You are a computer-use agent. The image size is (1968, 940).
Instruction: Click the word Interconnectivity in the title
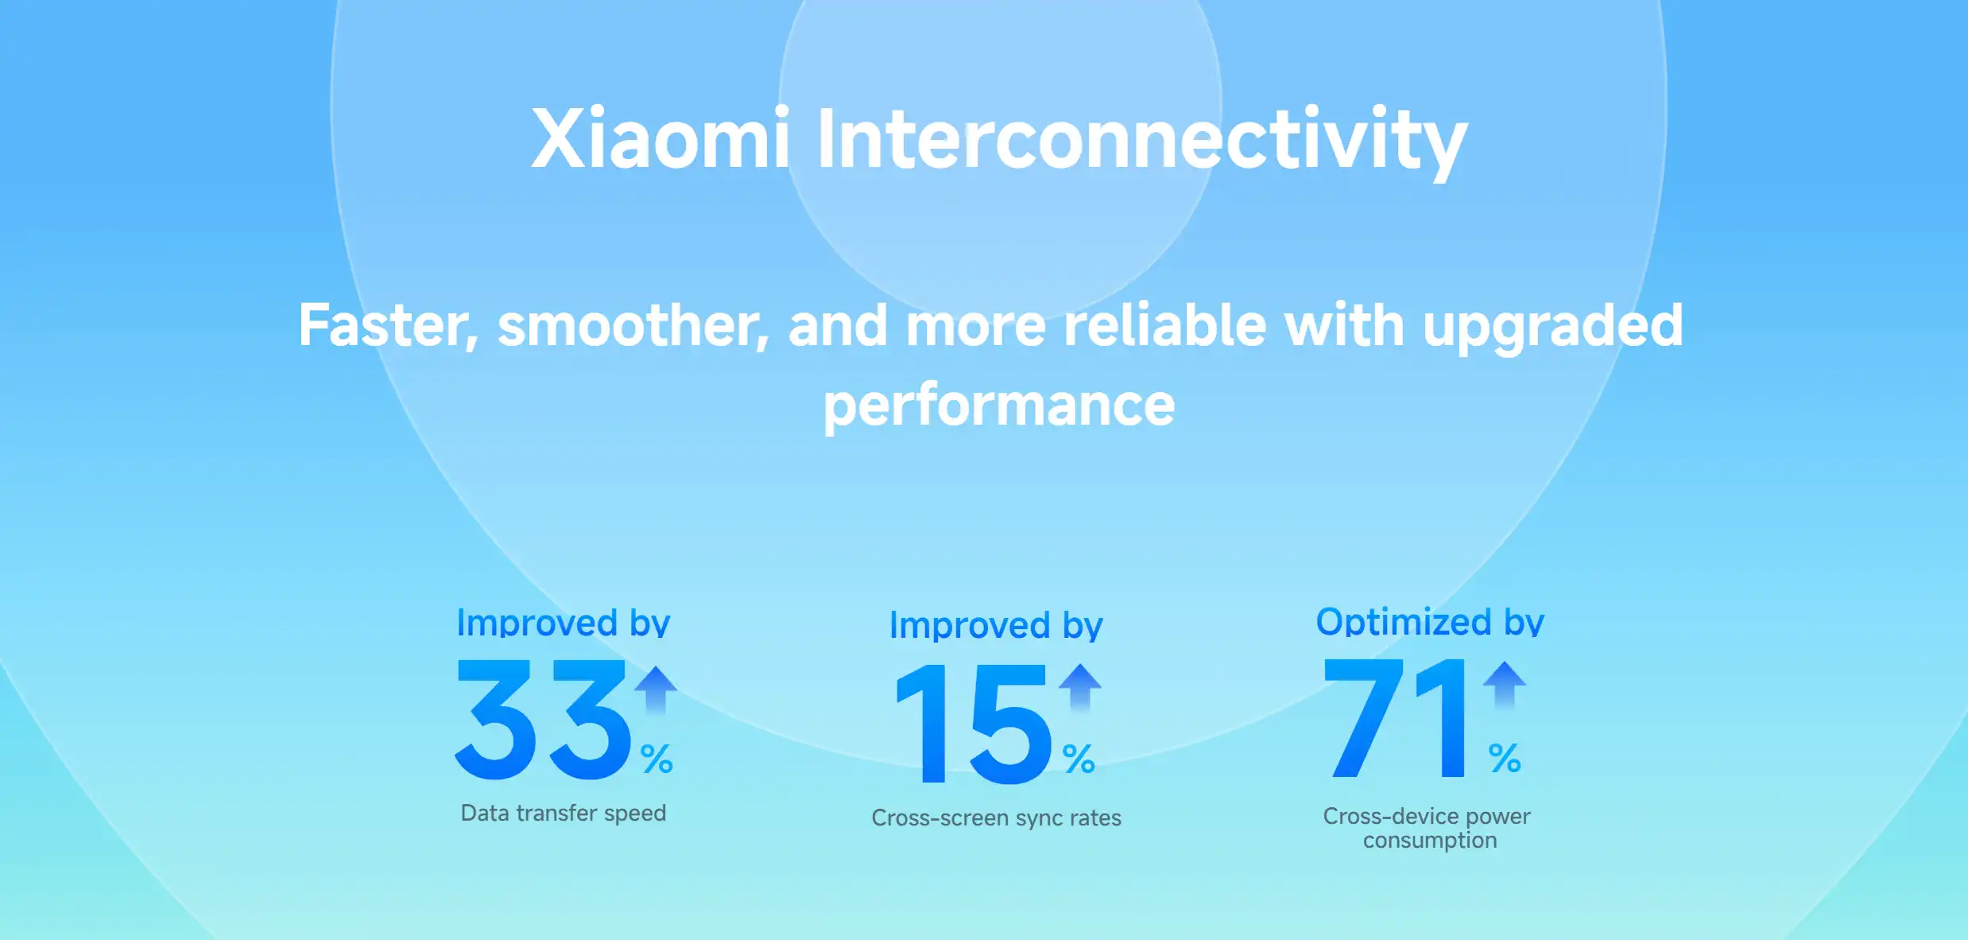[x=1141, y=143]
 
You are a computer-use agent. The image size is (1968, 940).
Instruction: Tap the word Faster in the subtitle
[x=388, y=326]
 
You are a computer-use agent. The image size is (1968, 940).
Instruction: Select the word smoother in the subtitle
[x=633, y=326]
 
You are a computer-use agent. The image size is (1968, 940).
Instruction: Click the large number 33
[x=544, y=719]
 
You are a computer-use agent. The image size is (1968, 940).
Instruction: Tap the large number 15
[x=974, y=724]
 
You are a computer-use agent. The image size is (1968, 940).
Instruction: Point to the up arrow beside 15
[x=1080, y=687]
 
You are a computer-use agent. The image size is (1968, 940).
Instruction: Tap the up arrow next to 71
[x=1505, y=685]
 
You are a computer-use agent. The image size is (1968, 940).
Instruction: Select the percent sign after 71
[x=1505, y=757]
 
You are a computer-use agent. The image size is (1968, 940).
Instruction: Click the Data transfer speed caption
[x=564, y=814]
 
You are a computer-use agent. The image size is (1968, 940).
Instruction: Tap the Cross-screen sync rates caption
[x=996, y=818]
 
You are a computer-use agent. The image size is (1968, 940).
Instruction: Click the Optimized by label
[x=1430, y=622]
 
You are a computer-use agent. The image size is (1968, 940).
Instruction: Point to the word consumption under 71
[x=1429, y=841]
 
